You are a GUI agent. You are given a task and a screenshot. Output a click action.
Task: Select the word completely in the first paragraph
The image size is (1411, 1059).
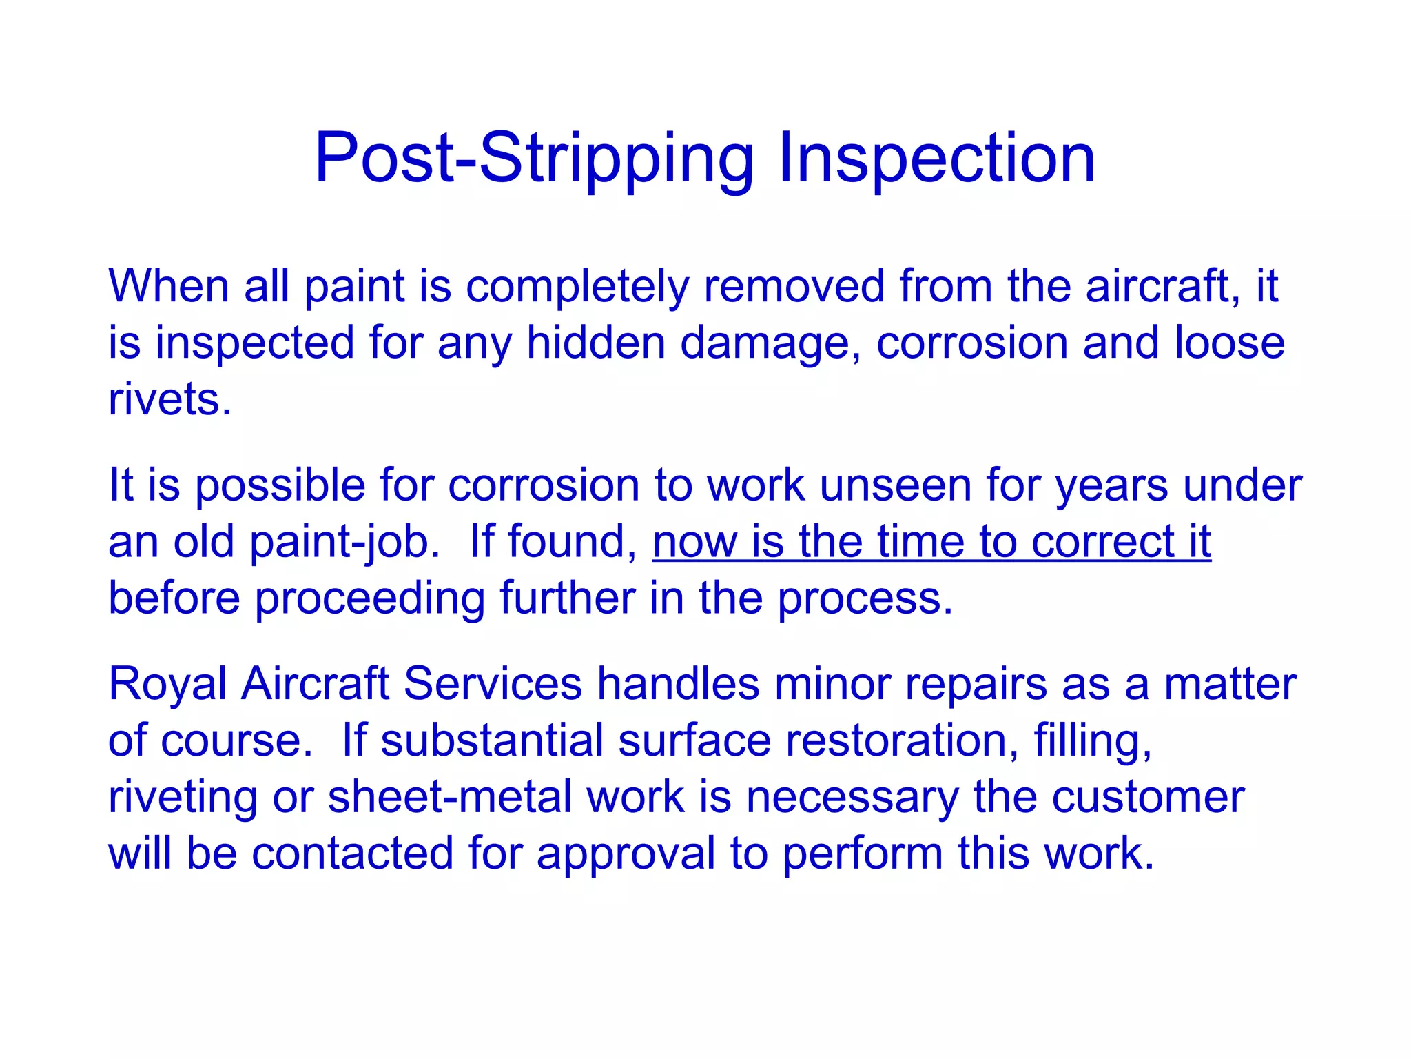click(577, 286)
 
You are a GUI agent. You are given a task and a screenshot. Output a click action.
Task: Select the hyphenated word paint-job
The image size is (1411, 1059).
click(344, 543)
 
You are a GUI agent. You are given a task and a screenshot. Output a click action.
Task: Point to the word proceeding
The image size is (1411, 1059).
click(370, 598)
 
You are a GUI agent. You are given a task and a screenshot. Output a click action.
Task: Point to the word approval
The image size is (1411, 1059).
click(626, 854)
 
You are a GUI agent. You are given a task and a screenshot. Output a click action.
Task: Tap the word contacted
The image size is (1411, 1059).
click(352, 853)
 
